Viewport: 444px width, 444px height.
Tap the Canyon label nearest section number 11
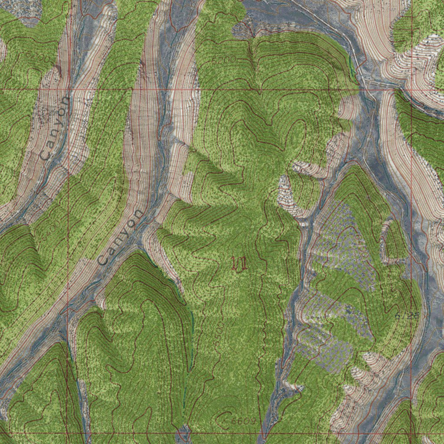[120, 237]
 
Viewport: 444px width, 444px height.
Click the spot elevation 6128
[408, 316]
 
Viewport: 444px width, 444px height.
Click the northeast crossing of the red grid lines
[411, 90]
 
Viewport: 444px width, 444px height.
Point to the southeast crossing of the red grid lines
[411, 433]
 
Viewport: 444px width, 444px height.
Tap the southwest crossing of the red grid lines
[69, 433]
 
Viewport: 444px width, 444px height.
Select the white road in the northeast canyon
[330, 26]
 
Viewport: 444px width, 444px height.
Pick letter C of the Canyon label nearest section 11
[102, 260]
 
